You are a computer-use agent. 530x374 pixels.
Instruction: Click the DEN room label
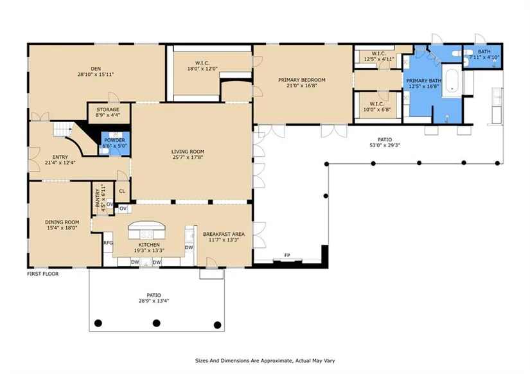coord(96,69)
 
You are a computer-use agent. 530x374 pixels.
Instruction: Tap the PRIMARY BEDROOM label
coord(302,80)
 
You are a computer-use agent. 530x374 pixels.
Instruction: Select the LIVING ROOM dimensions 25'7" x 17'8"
coord(188,157)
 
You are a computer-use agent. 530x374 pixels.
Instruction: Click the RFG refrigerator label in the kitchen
coord(108,242)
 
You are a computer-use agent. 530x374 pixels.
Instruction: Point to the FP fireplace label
coord(287,255)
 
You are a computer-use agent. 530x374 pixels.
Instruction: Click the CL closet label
coord(122,191)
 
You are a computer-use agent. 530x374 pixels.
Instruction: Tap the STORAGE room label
coord(108,109)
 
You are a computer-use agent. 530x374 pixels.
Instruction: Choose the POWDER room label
coord(114,140)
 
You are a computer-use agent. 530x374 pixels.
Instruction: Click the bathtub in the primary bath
coord(452,80)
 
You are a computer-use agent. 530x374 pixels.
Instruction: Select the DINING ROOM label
coord(62,222)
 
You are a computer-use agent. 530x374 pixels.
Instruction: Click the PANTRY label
coord(98,198)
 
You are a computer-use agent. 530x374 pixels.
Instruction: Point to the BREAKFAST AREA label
coord(224,234)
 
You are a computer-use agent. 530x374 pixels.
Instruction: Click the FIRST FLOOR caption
coord(43,274)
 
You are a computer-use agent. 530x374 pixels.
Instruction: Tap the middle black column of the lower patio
coord(156,323)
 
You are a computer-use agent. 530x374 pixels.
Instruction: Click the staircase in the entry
coord(63,129)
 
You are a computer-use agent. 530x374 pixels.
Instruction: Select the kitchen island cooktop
coord(147,234)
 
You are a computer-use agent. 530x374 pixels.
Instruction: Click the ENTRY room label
coord(60,157)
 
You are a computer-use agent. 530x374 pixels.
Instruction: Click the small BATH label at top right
coord(484,51)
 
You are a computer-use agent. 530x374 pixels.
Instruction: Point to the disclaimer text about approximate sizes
coord(265,361)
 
